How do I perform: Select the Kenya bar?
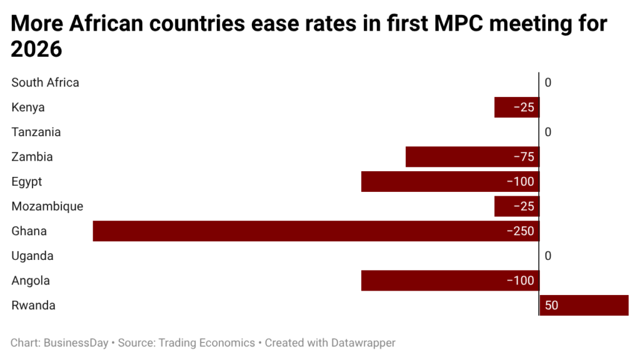[516, 107]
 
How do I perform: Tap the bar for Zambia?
[472, 157]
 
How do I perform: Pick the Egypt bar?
[450, 182]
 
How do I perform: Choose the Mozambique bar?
[516, 206]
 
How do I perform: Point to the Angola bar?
[450, 281]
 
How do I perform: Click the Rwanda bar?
[584, 306]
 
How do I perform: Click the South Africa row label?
[45, 82]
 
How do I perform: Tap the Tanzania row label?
[36, 132]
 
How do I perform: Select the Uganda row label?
[32, 256]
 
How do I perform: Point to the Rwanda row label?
[33, 306]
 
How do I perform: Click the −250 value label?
[520, 231]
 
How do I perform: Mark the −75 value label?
[523, 157]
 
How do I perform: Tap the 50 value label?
[551, 306]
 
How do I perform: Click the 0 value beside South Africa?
[548, 82]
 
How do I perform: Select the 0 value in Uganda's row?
[548, 256]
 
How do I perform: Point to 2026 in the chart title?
[37, 49]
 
